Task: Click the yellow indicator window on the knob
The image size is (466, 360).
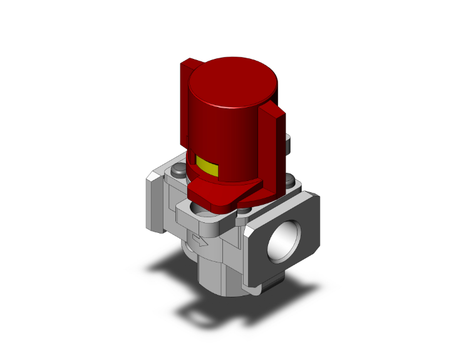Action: point(207,167)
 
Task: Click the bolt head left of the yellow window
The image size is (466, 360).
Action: point(179,169)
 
